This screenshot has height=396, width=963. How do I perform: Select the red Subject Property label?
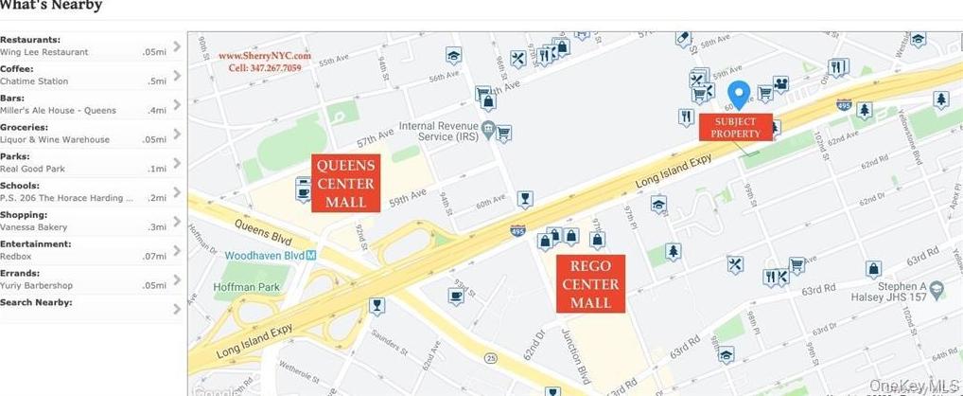point(736,128)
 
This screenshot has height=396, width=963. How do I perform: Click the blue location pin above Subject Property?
point(739,94)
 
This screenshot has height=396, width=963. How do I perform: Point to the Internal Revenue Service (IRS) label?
point(438,131)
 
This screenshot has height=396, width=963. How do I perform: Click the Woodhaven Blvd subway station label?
point(271,256)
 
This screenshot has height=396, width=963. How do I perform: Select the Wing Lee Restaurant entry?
point(44,52)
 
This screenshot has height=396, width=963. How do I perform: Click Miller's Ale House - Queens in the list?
point(58,111)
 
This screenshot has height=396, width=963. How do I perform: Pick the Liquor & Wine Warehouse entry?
point(55,139)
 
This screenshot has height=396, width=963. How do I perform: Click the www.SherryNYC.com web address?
point(265,56)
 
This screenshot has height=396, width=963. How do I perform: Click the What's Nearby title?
point(51,6)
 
